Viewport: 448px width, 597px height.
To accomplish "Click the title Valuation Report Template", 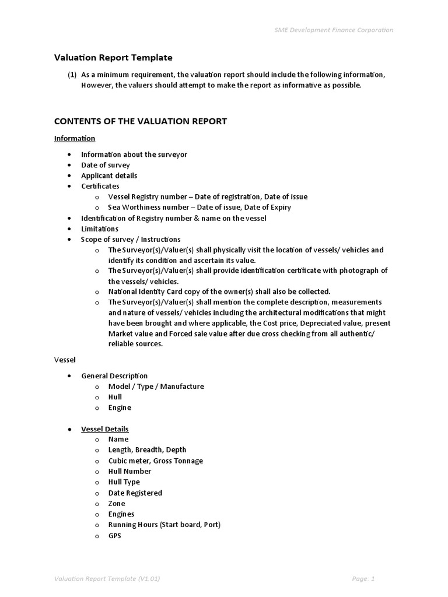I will click(x=113, y=58).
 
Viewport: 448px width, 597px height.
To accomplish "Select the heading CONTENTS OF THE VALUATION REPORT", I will click(x=140, y=121).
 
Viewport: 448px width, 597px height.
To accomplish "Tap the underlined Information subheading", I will click(x=75, y=138).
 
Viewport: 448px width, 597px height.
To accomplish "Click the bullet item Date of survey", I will click(x=105, y=165).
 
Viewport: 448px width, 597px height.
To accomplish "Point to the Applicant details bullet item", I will click(x=109, y=175).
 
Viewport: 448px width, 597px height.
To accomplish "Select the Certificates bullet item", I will click(x=100, y=186).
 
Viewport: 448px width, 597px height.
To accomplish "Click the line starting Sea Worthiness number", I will click(x=199, y=207).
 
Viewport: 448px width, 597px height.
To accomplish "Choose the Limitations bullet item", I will click(x=99, y=229).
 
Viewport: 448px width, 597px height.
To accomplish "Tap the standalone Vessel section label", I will click(x=65, y=360).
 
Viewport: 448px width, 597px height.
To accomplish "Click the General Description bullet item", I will click(x=114, y=375).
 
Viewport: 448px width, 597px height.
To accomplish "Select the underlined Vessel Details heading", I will click(x=105, y=429).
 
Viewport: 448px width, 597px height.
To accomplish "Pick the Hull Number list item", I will click(x=129, y=471).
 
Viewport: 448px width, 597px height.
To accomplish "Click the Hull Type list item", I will click(x=124, y=482).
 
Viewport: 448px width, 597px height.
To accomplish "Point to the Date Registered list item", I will click(x=135, y=493).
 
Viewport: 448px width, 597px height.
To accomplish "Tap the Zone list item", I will click(x=117, y=503).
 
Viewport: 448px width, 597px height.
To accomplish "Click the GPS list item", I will click(x=115, y=535).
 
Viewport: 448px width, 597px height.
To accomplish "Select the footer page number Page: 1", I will click(x=363, y=578).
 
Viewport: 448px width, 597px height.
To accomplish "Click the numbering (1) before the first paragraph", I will click(x=72, y=75).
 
